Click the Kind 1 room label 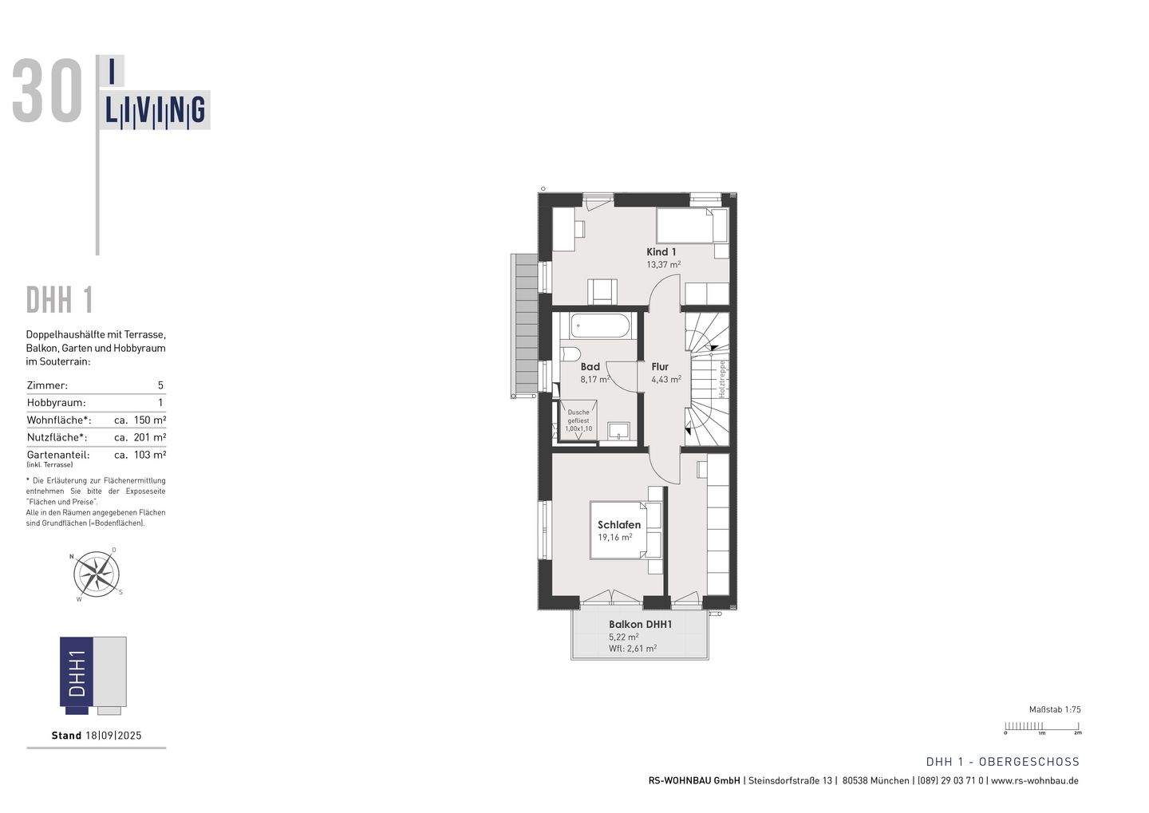[x=661, y=251]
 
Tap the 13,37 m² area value [x=663, y=264]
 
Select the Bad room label [x=590, y=367]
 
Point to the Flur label [x=660, y=367]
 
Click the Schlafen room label [x=619, y=525]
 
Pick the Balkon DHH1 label [x=640, y=625]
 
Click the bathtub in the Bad [x=602, y=326]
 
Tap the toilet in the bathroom [x=571, y=353]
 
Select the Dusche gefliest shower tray [x=578, y=420]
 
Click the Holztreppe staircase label [x=721, y=379]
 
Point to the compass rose [x=97, y=574]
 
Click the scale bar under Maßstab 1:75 [x=1043, y=727]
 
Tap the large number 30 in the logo [x=48, y=93]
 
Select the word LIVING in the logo [x=156, y=111]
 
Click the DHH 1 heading [x=60, y=301]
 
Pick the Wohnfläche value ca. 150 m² [x=140, y=420]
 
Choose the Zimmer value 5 [x=160, y=385]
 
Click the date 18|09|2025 [x=113, y=736]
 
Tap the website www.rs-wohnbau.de [x=1035, y=781]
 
